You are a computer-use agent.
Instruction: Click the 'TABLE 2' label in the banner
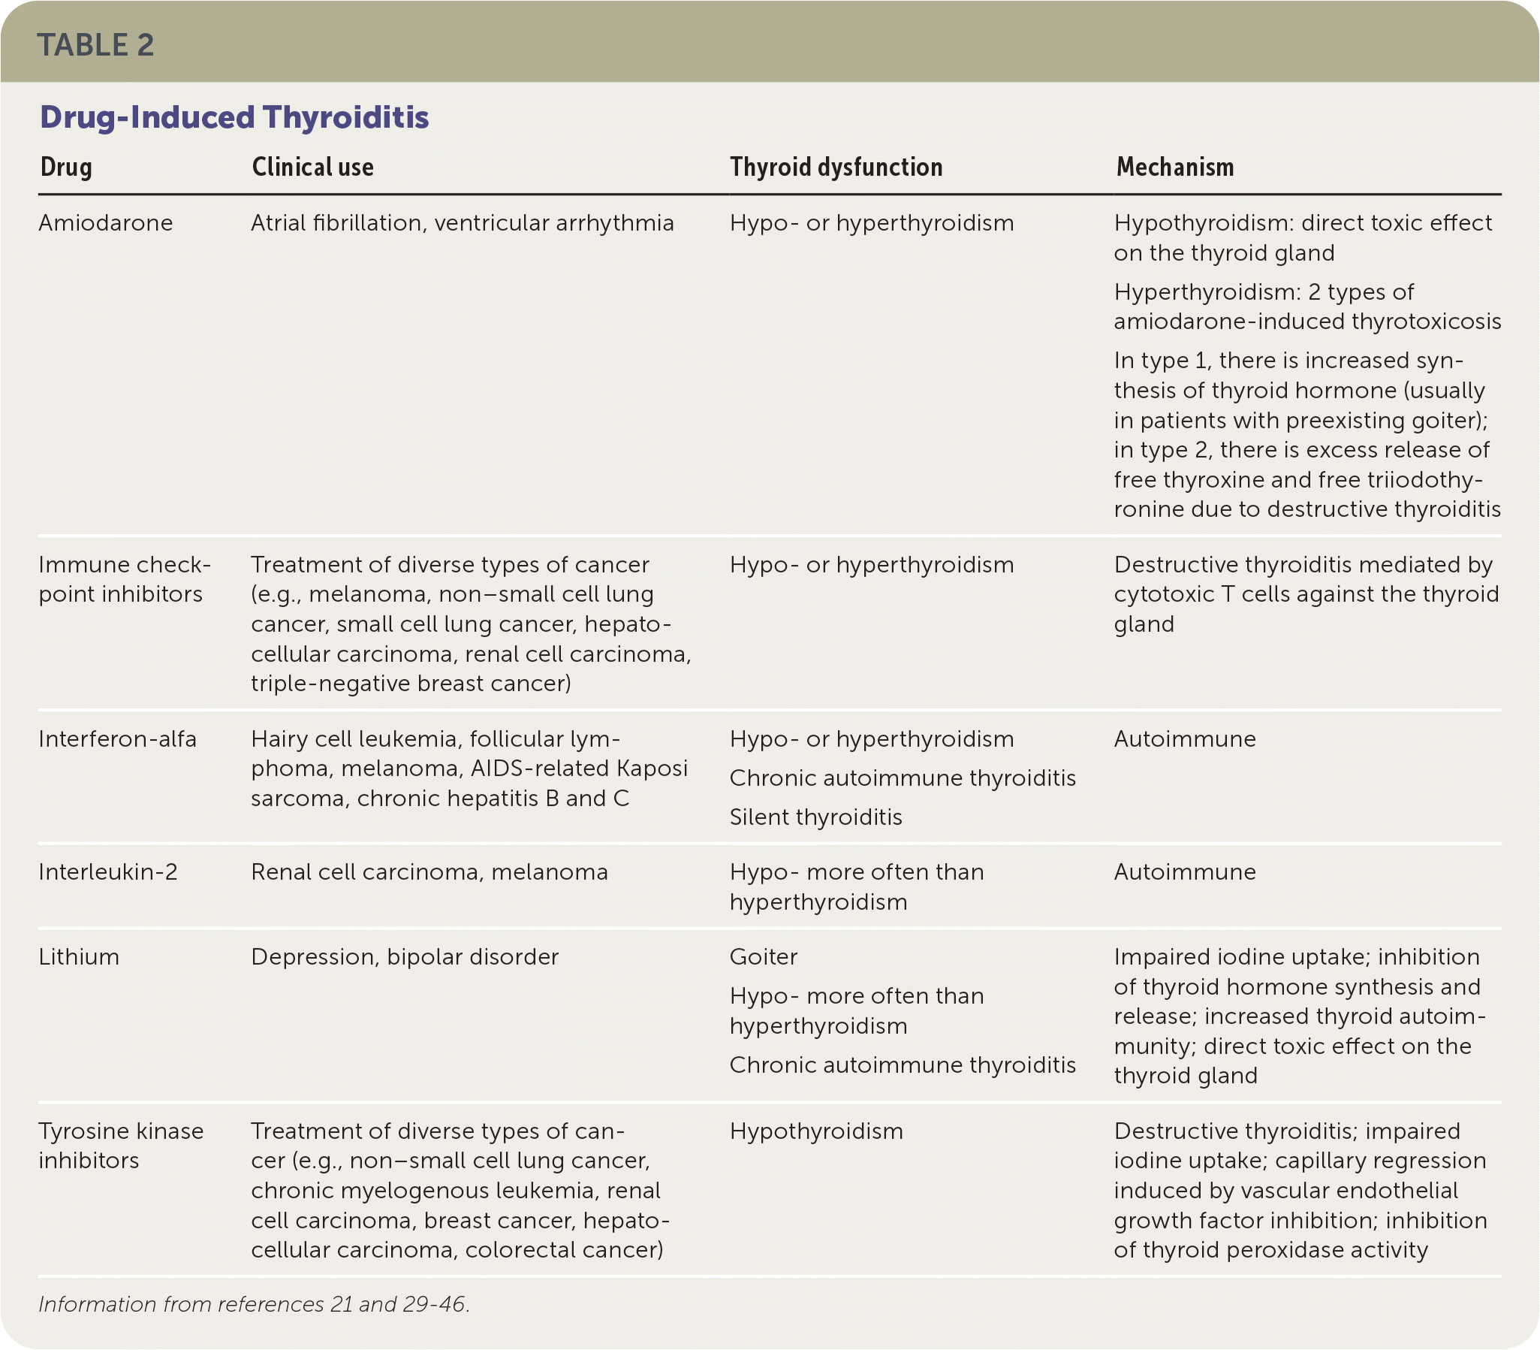pyautogui.click(x=95, y=45)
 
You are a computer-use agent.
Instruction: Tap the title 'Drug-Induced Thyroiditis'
pyautogui.click(x=234, y=117)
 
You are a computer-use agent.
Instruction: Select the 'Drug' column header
pyautogui.click(x=66, y=168)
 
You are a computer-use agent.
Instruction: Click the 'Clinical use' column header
pyautogui.click(x=312, y=168)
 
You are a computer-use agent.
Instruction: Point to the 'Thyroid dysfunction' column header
pyautogui.click(x=836, y=168)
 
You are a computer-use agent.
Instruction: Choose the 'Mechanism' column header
pyautogui.click(x=1175, y=168)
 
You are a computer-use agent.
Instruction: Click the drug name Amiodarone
pyautogui.click(x=105, y=223)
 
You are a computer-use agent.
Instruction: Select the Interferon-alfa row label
pyautogui.click(x=117, y=739)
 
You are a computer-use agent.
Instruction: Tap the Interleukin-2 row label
pyautogui.click(x=108, y=872)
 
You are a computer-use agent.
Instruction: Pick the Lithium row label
pyautogui.click(x=79, y=958)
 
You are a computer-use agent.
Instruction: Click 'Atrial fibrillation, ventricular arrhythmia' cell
pyautogui.click(x=463, y=223)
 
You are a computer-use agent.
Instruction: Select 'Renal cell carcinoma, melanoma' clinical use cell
pyautogui.click(x=429, y=872)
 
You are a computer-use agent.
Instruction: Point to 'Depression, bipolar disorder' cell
pyautogui.click(x=405, y=958)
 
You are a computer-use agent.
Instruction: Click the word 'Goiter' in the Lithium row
pyautogui.click(x=764, y=958)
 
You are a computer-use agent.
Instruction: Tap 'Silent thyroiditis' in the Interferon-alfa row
pyautogui.click(x=815, y=817)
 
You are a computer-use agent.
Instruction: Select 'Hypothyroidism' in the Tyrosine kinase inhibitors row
pyautogui.click(x=816, y=1131)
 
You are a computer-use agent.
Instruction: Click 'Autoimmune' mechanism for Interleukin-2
pyautogui.click(x=1185, y=872)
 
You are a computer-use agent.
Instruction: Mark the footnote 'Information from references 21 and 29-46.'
pyautogui.click(x=254, y=1305)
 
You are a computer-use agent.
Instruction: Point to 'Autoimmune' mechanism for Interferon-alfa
pyautogui.click(x=1185, y=739)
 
